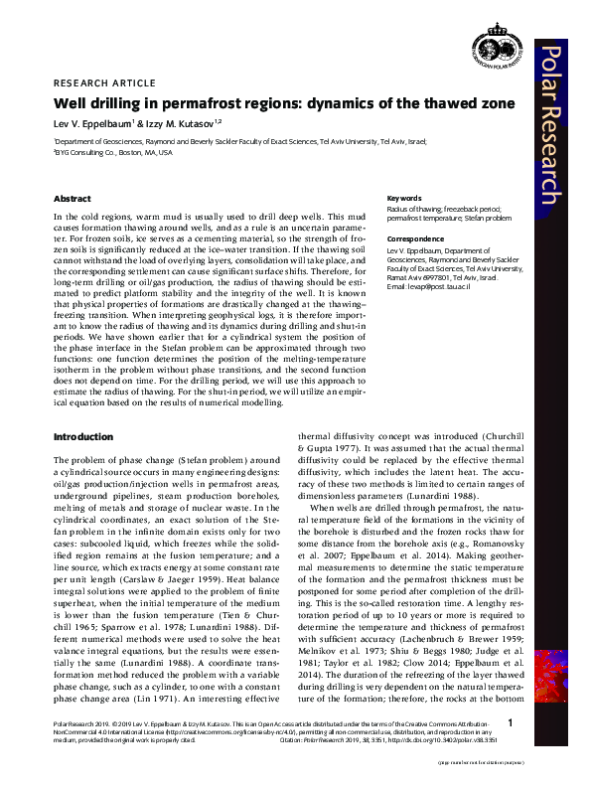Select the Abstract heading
click(73, 199)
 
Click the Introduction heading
click(82, 436)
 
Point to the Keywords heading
click(403, 198)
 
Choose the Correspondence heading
click(413, 239)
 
